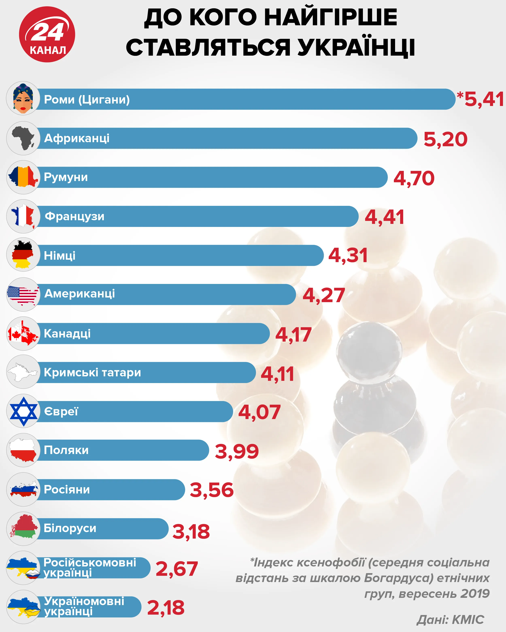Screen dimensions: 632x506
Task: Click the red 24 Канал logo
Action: point(47,34)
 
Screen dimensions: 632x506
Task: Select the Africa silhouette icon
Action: point(23,138)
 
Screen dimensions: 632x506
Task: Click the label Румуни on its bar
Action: point(66,177)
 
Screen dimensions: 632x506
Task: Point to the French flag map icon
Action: point(23,216)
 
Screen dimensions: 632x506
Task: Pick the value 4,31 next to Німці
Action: point(348,255)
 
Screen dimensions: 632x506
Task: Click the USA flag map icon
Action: point(23,294)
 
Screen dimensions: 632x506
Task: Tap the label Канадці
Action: point(67,333)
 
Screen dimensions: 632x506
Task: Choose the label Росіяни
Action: point(67,490)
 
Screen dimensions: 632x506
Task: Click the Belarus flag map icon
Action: point(23,528)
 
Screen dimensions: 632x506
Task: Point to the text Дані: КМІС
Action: point(450,619)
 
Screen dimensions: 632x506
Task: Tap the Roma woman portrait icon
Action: point(23,98)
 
